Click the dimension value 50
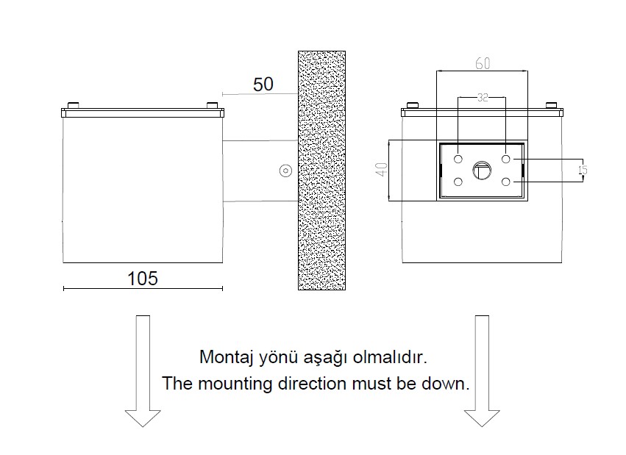pyautogui.click(x=263, y=84)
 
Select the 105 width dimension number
pyautogui.click(x=143, y=279)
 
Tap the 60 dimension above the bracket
pyautogui.click(x=482, y=63)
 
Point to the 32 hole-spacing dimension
pyautogui.click(x=483, y=97)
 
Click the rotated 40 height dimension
pyautogui.click(x=380, y=170)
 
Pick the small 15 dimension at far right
pyautogui.click(x=583, y=170)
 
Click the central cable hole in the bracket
pyautogui.click(x=482, y=170)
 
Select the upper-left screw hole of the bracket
pyautogui.click(x=458, y=159)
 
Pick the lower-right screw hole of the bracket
pyautogui.click(x=506, y=182)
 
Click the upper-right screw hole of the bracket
pyautogui.click(x=506, y=159)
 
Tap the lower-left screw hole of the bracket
pyautogui.click(x=458, y=182)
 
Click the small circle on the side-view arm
pyautogui.click(x=284, y=171)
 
